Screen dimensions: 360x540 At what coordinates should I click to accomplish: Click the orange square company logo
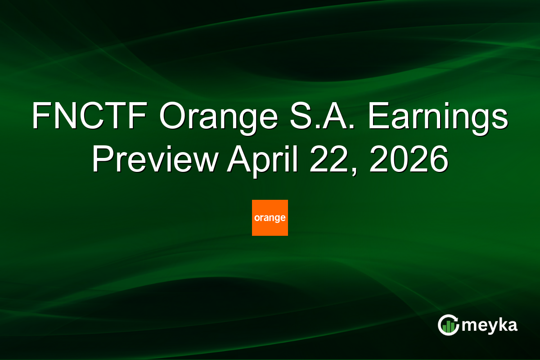click(270, 218)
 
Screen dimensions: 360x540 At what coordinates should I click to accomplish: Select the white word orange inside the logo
click(270, 218)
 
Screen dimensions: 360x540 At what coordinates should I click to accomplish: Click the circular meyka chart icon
click(448, 325)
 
